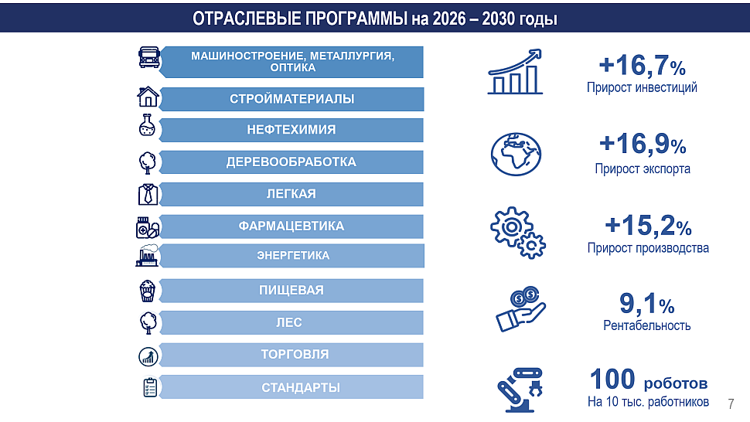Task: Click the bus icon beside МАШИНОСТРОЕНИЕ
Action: pyautogui.click(x=148, y=57)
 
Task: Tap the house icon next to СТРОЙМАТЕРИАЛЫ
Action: pyautogui.click(x=148, y=97)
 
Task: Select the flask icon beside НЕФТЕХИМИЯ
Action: pyautogui.click(x=147, y=125)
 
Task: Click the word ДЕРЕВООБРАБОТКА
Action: pyautogui.click(x=291, y=162)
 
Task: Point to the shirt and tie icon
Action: pyautogui.click(x=148, y=195)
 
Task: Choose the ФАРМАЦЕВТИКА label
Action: pyautogui.click(x=291, y=226)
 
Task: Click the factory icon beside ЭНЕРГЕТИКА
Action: pyautogui.click(x=148, y=256)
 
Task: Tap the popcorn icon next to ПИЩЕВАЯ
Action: pyautogui.click(x=148, y=291)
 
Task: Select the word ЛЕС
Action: pyautogui.click(x=289, y=322)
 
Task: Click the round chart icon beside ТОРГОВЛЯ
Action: pyautogui.click(x=148, y=356)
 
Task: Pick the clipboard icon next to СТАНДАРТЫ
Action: pyautogui.click(x=150, y=387)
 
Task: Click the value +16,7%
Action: pyautogui.click(x=642, y=65)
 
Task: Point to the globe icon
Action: pyautogui.click(x=516, y=155)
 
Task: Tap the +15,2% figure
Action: pyautogui.click(x=648, y=226)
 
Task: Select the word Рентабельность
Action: pyautogui.click(x=646, y=325)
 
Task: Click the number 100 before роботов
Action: pyautogui.click(x=612, y=379)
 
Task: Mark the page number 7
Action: pyautogui.click(x=731, y=404)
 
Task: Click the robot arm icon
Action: pyautogui.click(x=520, y=390)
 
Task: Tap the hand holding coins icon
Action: pyautogui.click(x=520, y=308)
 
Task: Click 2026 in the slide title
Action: pyautogui.click(x=449, y=19)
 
